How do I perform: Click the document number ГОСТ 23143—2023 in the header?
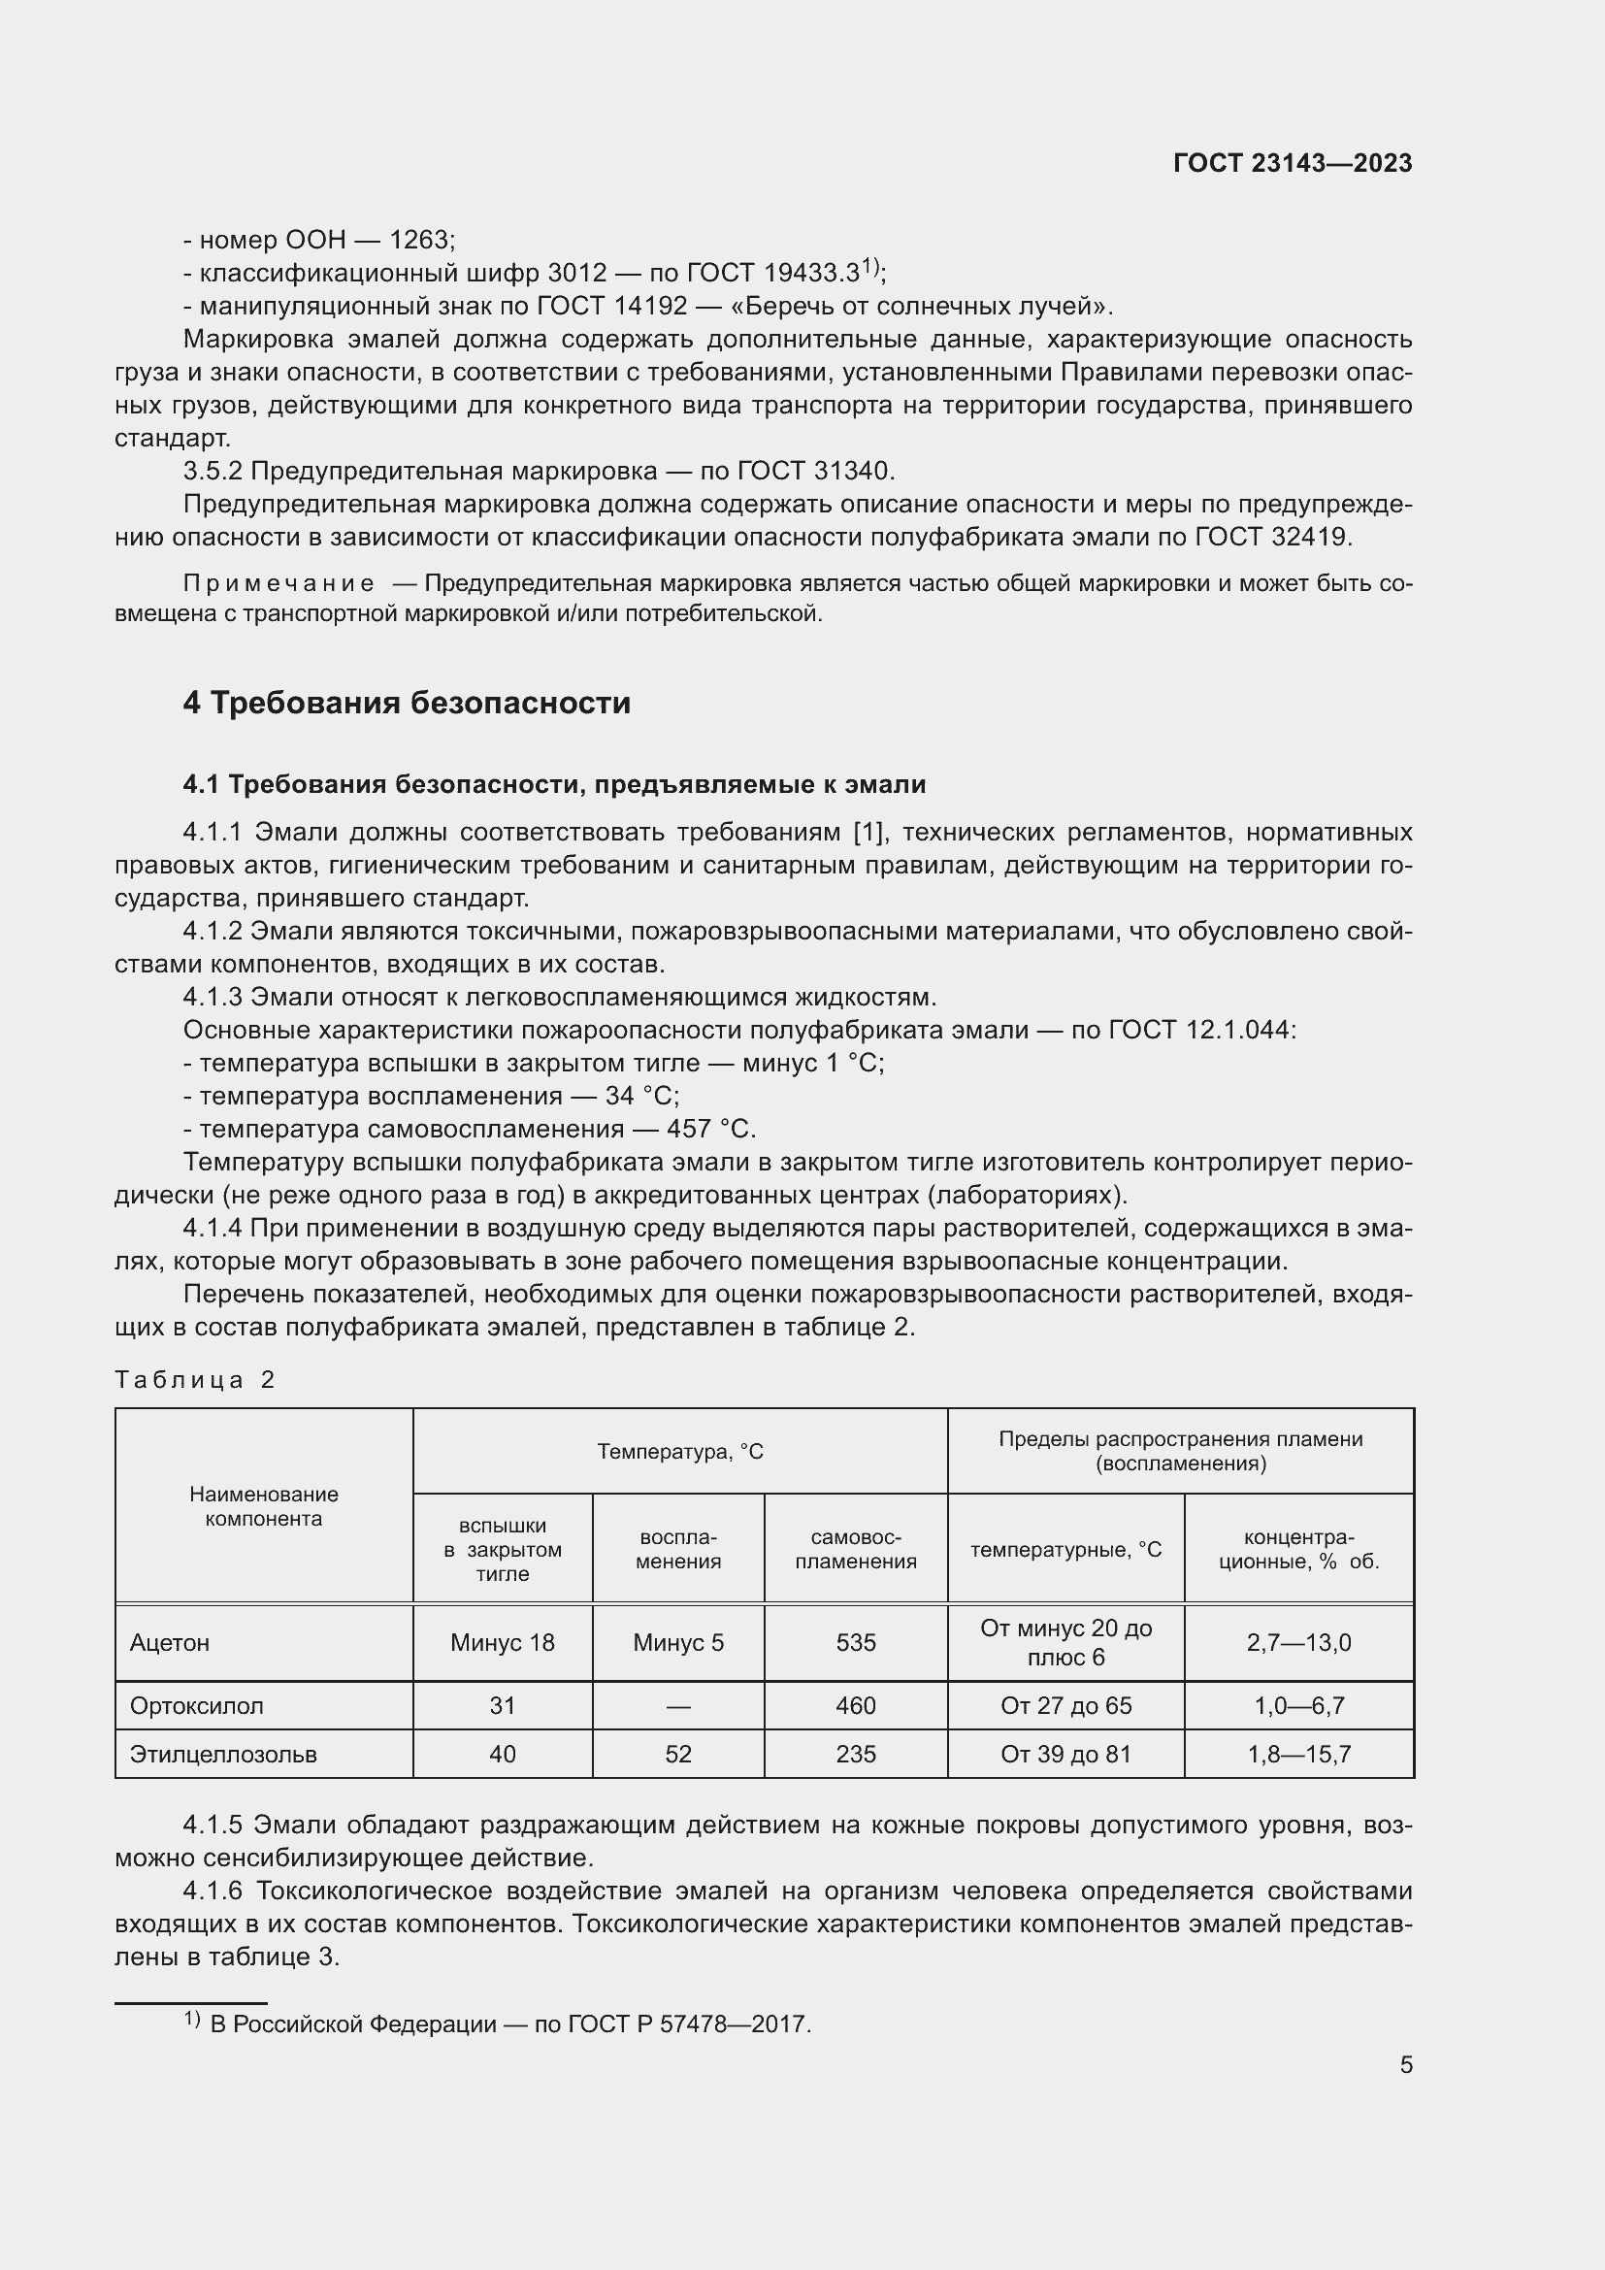(x=1292, y=163)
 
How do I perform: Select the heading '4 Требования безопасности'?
(x=407, y=703)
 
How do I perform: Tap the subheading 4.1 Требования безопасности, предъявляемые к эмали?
(x=553, y=784)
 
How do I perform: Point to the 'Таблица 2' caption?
(x=194, y=1379)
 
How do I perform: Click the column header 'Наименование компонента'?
(x=263, y=1506)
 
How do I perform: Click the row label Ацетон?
(x=169, y=1643)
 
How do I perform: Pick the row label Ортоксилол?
(x=196, y=1705)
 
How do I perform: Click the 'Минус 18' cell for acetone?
(x=502, y=1643)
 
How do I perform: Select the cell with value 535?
(x=855, y=1643)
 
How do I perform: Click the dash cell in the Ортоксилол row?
(x=678, y=1706)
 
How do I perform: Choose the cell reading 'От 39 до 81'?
(x=1065, y=1754)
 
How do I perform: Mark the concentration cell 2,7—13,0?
(x=1297, y=1643)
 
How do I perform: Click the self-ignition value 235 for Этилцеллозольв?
(x=855, y=1754)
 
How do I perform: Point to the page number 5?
(x=1405, y=2064)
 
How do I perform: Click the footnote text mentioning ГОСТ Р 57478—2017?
(x=510, y=2023)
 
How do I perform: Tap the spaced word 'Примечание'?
(x=278, y=583)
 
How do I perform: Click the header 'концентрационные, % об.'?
(x=1297, y=1549)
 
